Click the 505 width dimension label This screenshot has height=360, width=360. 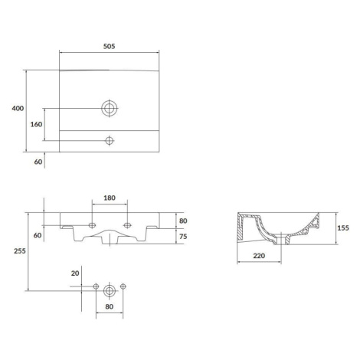point(109,46)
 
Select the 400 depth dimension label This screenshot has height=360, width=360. point(18,108)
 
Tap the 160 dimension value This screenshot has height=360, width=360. point(36,124)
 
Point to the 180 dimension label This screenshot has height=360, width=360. point(110,198)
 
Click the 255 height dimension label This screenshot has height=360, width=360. point(20,251)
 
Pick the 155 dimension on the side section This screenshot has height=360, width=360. point(343,227)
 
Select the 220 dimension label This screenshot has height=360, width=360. point(259,256)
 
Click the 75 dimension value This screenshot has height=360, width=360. point(183,237)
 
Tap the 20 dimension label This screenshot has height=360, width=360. point(75,273)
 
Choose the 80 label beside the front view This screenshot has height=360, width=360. point(183,221)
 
